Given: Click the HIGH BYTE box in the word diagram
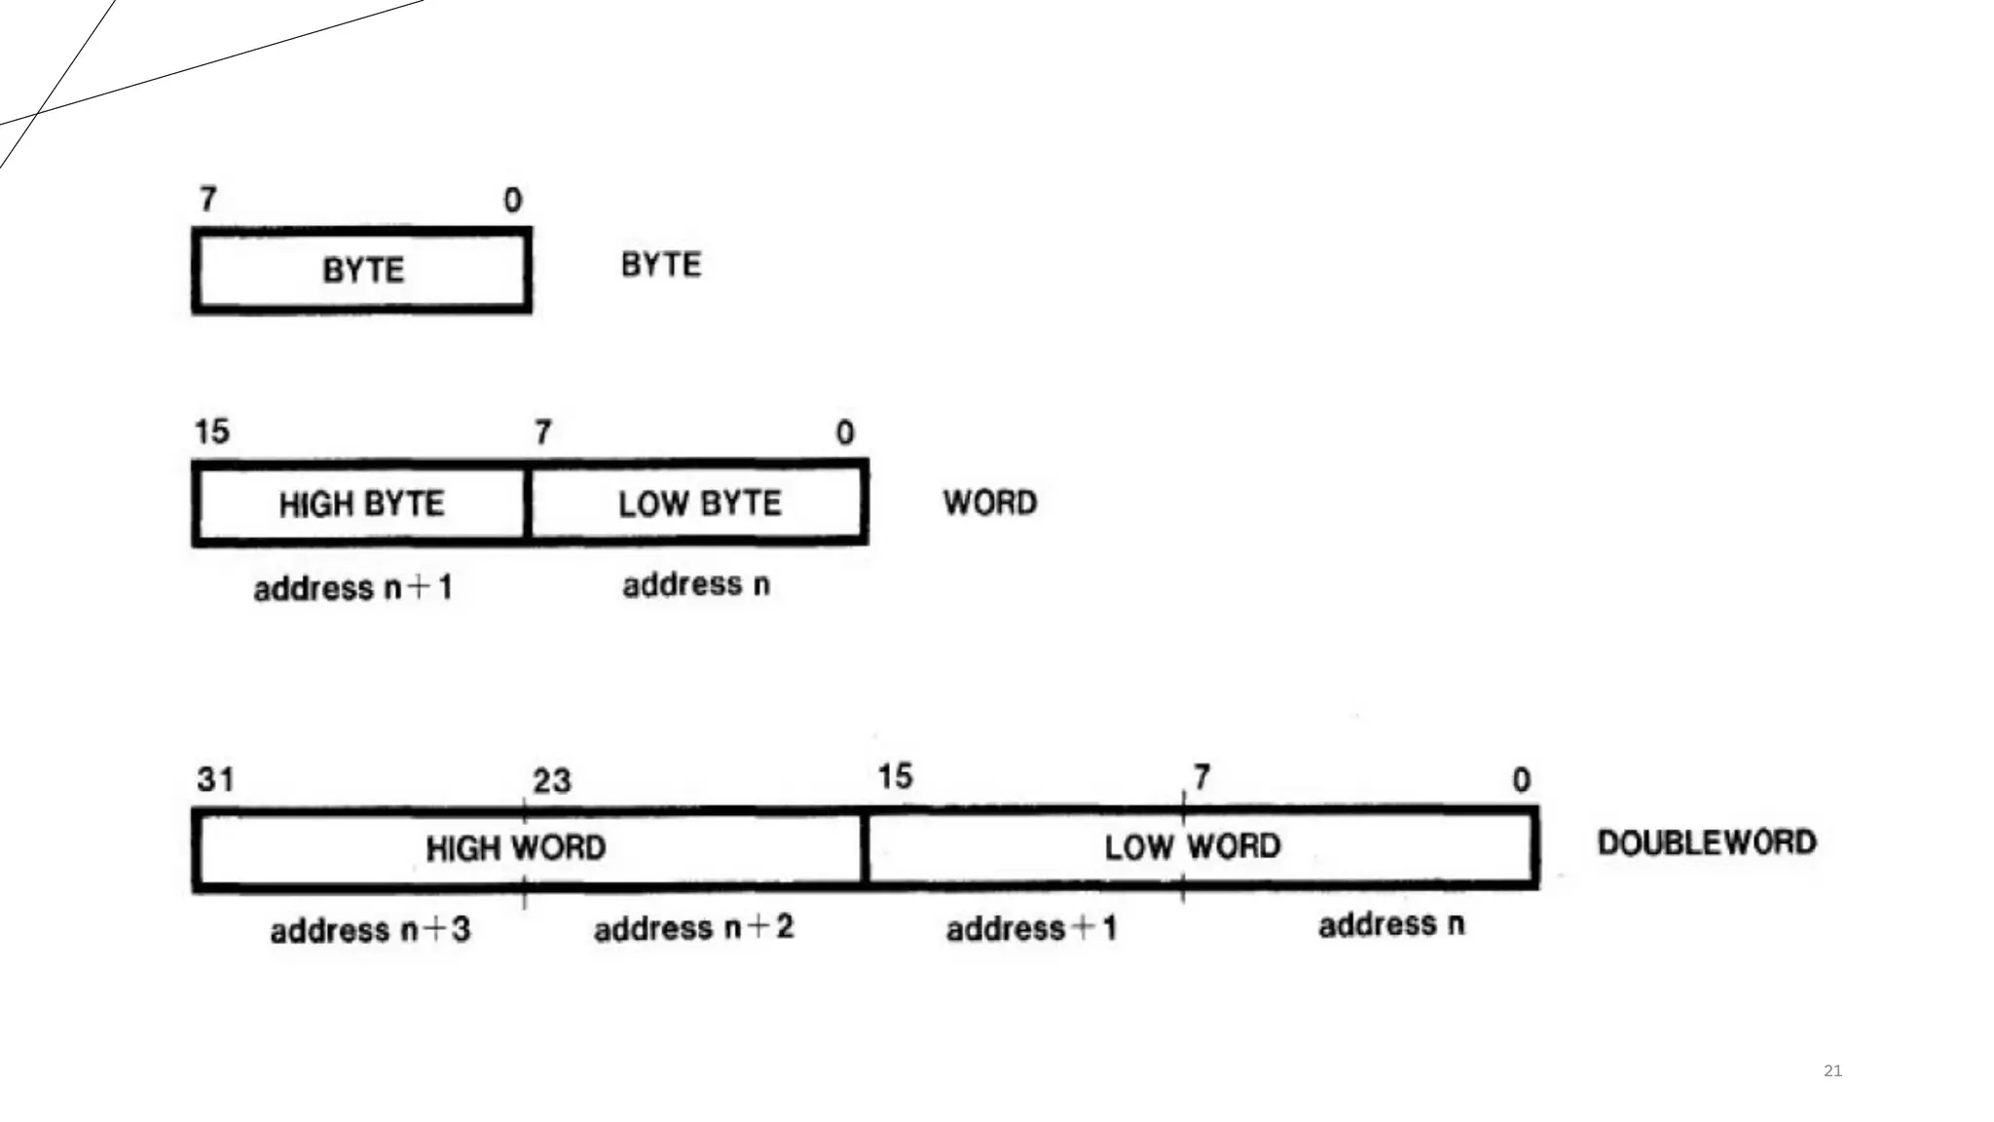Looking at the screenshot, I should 361,504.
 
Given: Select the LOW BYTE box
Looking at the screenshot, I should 699,504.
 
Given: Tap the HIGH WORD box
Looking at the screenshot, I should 516,847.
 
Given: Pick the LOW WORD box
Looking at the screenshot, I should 1193,846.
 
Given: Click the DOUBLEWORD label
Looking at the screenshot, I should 1707,842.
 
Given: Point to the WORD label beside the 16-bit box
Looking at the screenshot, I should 990,503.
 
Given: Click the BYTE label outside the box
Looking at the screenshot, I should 661,265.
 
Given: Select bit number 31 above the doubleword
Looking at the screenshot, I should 215,779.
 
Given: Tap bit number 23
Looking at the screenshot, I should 552,780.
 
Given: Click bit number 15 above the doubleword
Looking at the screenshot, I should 895,776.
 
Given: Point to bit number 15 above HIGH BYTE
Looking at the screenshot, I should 212,431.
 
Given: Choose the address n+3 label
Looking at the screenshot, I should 370,930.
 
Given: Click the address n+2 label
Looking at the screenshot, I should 693,927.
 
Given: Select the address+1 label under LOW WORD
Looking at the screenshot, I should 1031,928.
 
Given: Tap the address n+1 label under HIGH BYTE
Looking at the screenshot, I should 352,588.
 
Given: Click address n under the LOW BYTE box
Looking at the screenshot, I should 696,584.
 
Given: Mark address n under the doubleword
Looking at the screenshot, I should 1391,924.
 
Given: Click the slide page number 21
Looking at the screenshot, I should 1832,1070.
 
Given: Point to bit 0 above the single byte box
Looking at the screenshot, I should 513,201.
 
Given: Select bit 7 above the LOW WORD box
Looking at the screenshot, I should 1202,777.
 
